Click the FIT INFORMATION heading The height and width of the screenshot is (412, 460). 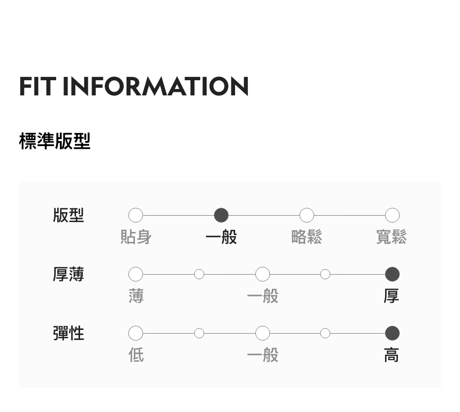click(134, 86)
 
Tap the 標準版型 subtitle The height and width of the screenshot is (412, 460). click(55, 141)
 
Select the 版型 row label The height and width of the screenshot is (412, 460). click(69, 215)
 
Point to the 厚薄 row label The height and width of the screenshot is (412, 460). click(69, 274)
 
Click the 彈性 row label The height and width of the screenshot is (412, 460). click(69, 333)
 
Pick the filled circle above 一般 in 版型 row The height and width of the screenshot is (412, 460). click(221, 215)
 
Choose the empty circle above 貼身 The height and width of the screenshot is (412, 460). click(136, 215)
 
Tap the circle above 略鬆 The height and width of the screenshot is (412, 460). click(307, 215)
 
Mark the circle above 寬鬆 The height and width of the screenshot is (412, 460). click(392, 215)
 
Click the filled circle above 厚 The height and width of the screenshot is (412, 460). click(392, 274)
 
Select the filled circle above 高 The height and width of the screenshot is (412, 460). click(392, 333)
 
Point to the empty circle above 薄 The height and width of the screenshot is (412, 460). click(136, 274)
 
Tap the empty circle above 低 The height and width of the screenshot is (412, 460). click(136, 333)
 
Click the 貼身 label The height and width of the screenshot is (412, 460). click(136, 237)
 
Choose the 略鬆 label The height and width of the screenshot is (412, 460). click(307, 237)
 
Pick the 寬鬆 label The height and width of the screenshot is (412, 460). click(391, 237)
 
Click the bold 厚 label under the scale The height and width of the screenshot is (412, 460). click(391, 296)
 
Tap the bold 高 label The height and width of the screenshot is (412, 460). click(391, 355)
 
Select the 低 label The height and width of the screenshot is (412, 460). click(136, 355)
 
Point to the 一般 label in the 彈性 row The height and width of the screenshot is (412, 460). click(263, 355)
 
